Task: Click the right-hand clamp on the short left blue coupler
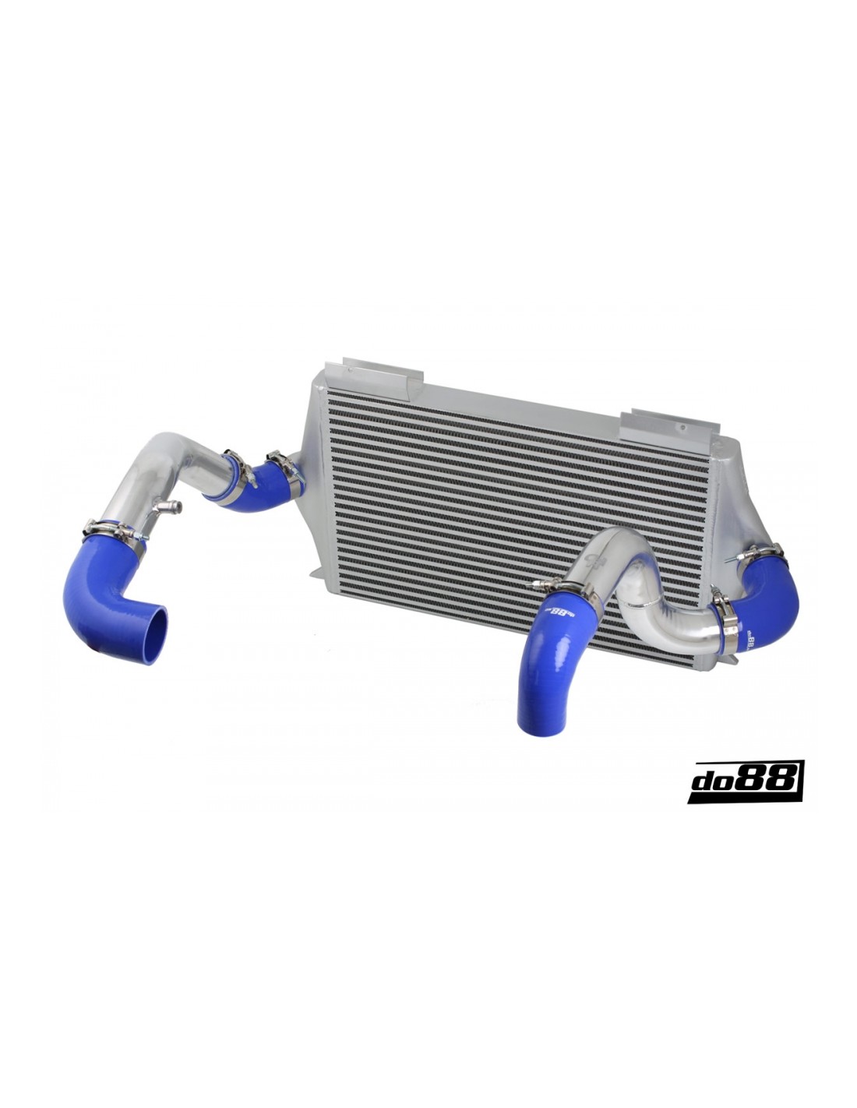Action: click(x=283, y=465)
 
